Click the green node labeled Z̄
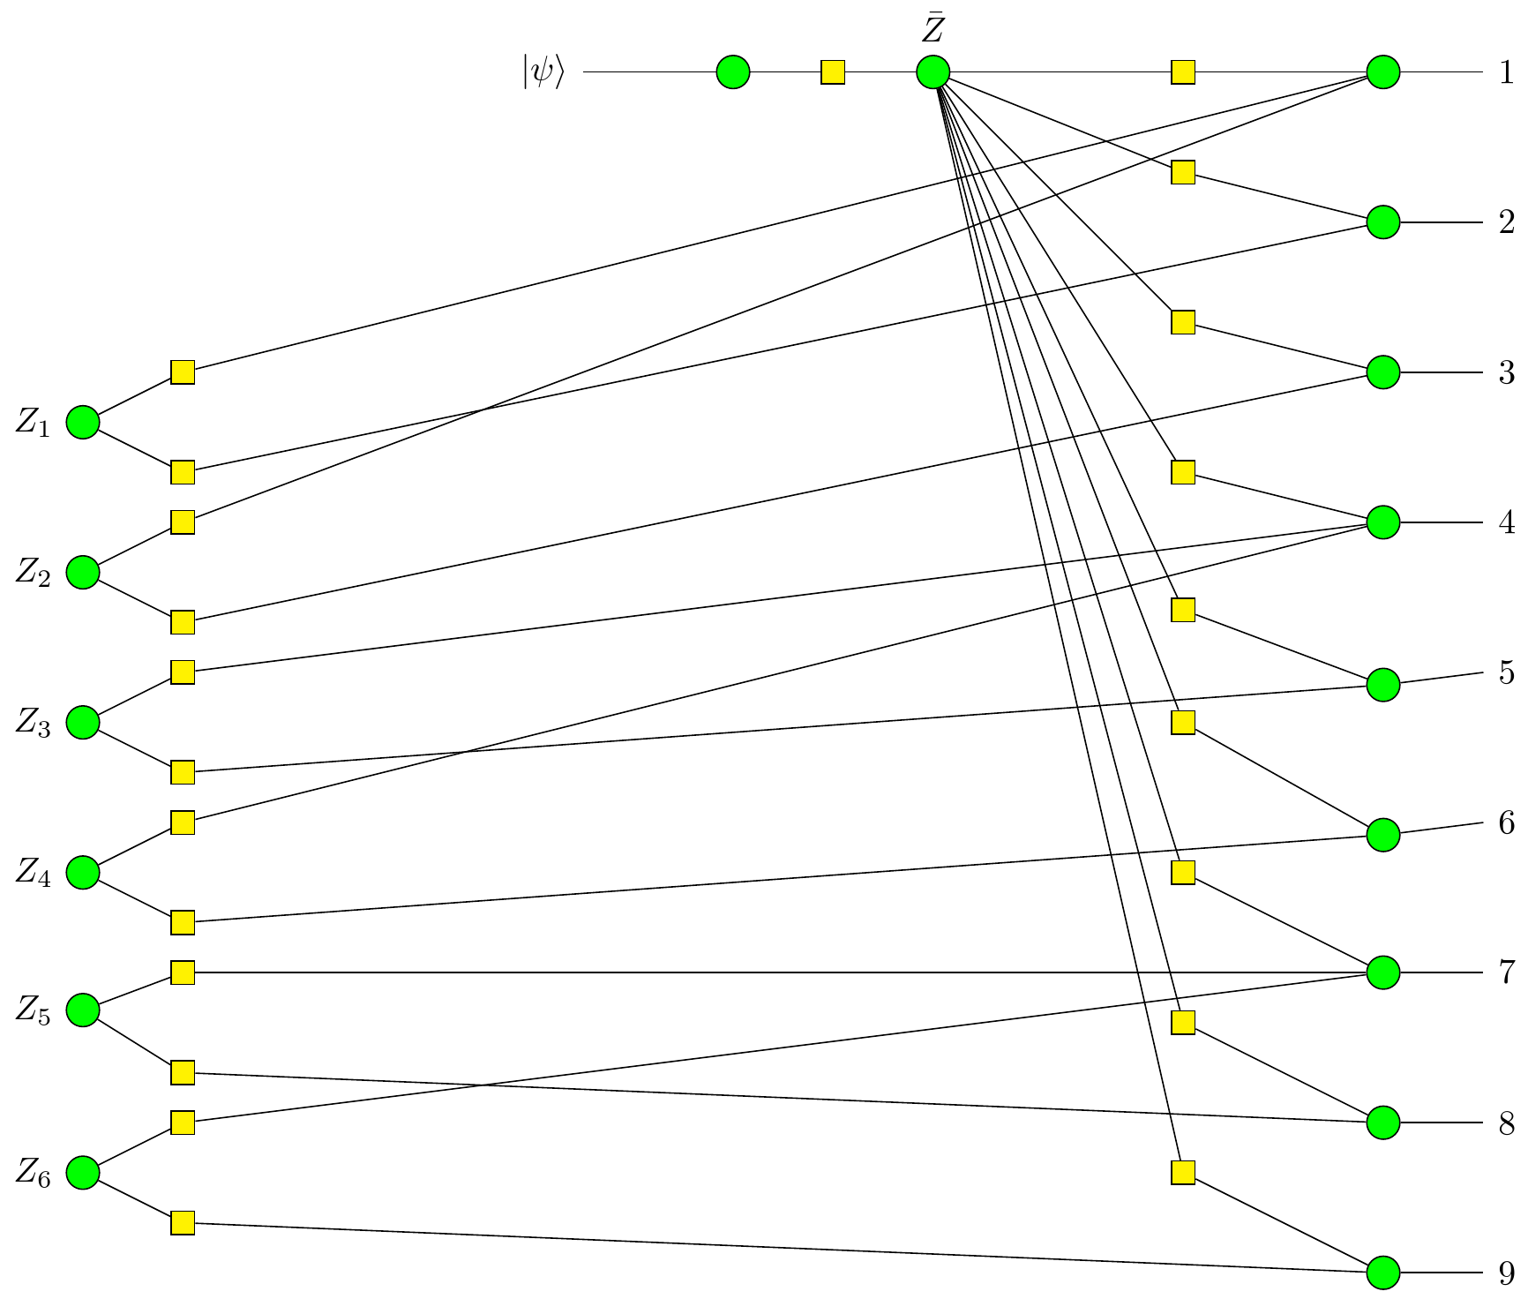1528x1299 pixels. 933,72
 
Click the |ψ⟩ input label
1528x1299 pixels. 543,72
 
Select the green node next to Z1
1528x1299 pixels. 83,423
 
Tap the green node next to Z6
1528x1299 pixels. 83,1173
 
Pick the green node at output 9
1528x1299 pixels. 1382,1273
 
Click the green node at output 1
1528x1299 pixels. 1382,72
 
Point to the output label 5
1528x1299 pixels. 1507,672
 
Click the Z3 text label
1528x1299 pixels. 34,725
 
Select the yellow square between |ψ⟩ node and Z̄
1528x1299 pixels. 833,72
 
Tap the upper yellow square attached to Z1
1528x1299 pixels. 183,372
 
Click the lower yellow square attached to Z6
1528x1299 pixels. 183,1223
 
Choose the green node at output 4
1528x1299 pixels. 1382,522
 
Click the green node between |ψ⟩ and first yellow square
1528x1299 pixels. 733,72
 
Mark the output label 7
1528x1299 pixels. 1507,972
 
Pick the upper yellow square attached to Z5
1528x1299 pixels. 183,972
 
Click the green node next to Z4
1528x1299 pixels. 83,873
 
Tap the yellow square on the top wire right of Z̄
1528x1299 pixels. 1183,72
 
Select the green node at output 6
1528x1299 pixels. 1382,834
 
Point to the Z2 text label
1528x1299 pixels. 34,574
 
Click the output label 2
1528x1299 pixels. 1507,222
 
